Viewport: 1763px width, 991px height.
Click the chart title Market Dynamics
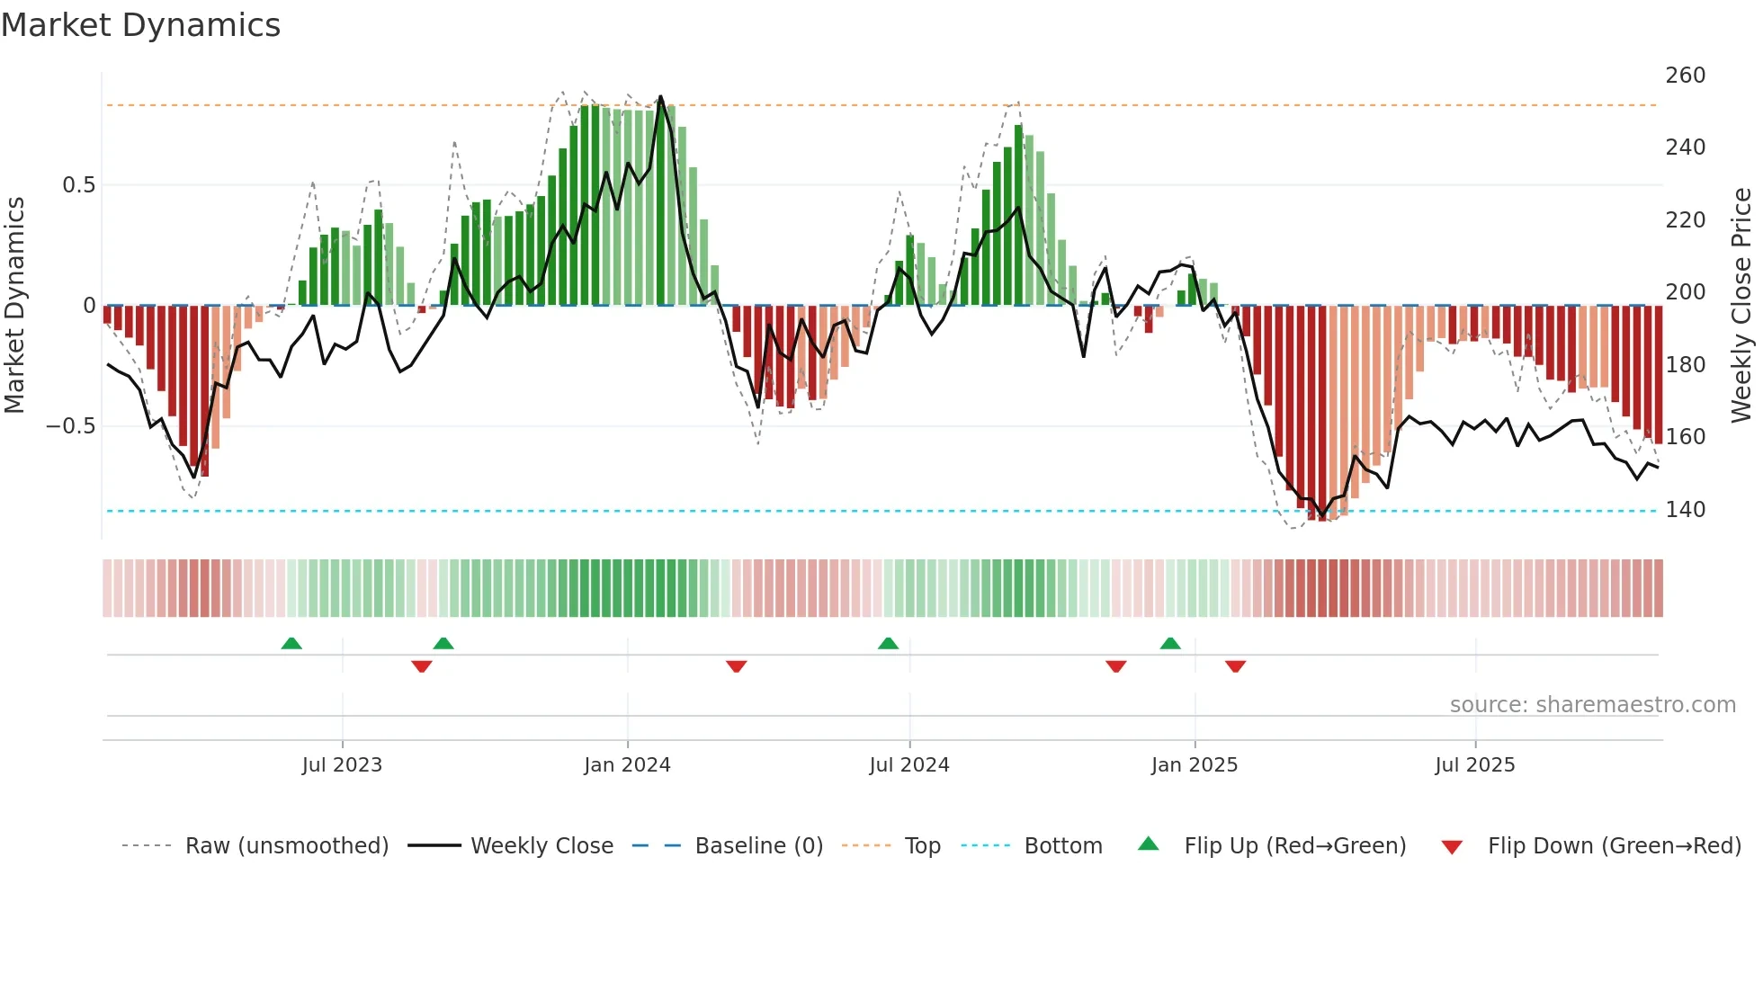[141, 25]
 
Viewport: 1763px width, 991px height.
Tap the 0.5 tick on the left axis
[78, 185]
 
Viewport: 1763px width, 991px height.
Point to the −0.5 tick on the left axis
[71, 426]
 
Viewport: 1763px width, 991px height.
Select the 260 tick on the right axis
[1685, 76]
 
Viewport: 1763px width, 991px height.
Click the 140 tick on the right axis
[1685, 510]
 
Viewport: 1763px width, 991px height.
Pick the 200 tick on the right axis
[1685, 292]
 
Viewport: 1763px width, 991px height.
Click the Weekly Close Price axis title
[1741, 306]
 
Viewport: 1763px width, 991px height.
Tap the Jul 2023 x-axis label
[342, 765]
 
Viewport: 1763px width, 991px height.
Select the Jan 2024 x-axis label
[627, 765]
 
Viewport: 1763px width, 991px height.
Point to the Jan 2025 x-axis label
[1195, 765]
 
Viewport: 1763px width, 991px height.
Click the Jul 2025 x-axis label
[1475, 765]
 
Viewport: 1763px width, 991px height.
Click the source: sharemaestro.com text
[1592, 705]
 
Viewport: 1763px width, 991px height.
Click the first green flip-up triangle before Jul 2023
[291, 643]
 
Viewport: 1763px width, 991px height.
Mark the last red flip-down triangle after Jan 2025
[1235, 666]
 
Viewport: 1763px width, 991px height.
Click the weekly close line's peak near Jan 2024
[661, 96]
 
